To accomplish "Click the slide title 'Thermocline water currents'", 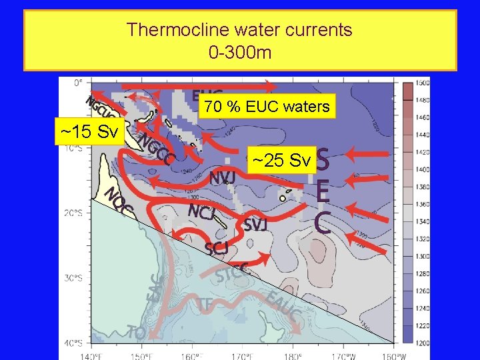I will point(239,30).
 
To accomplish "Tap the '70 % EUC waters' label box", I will point(266,107).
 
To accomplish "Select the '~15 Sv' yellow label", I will point(89,132).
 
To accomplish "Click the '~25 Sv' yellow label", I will point(281,161).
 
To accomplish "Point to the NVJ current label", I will point(222,178).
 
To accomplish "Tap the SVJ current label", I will point(255,225).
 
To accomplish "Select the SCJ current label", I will point(217,249).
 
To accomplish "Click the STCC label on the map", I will point(233,271).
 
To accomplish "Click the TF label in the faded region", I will point(205,304).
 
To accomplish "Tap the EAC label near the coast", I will point(154,287).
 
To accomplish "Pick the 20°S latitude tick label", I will point(73,213).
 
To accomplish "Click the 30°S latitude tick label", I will point(73,278).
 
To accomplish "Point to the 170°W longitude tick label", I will point(345,355).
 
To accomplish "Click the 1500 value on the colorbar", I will point(423,83).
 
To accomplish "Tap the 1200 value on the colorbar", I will point(423,343).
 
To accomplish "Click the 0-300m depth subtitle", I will point(239,52).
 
